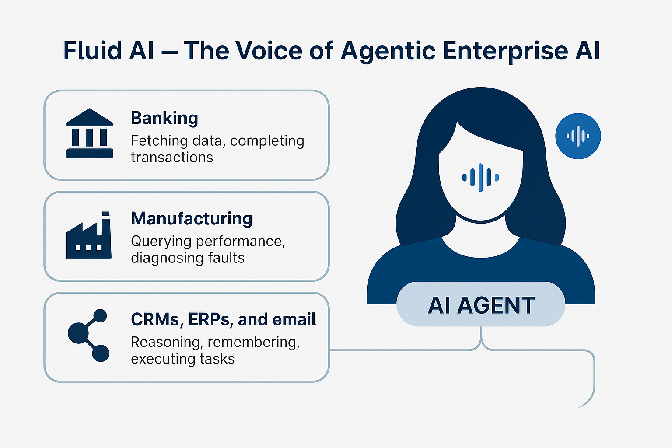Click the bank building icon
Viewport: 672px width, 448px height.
[90, 133]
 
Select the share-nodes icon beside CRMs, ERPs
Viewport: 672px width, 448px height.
[88, 335]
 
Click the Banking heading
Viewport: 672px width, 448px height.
[164, 118]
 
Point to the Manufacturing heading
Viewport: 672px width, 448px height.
[192, 219]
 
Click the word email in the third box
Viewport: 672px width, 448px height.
[294, 320]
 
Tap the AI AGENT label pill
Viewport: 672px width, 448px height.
[481, 305]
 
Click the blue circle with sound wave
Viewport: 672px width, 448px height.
[578, 136]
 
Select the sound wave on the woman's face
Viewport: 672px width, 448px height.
[480, 178]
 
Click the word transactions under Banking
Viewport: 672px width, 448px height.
[172, 157]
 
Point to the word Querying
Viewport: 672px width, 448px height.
[161, 242]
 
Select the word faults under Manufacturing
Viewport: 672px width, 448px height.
[226, 258]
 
